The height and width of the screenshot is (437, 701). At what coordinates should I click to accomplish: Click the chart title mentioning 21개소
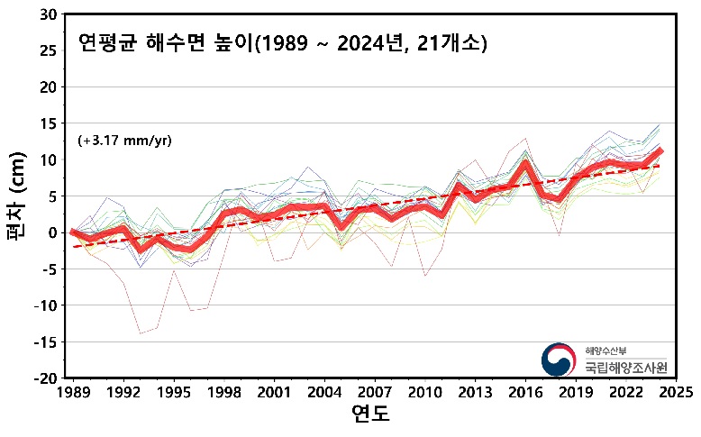click(282, 43)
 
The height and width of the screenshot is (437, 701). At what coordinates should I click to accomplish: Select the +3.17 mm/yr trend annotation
click(124, 141)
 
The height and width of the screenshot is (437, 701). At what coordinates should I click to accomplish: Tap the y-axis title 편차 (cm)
click(19, 196)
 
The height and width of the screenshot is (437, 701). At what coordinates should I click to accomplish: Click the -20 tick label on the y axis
click(45, 378)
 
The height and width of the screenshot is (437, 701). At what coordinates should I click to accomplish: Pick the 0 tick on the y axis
click(53, 232)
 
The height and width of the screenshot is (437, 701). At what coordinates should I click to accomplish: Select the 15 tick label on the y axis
click(49, 123)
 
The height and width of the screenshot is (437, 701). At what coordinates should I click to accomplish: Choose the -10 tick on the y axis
click(45, 305)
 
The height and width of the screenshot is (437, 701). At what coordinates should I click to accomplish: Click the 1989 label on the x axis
click(72, 393)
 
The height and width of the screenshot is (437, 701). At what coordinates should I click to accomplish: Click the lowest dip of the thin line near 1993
click(140, 333)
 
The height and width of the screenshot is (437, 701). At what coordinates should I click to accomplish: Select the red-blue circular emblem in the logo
click(558, 360)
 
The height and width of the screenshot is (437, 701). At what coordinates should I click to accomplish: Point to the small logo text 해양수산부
click(603, 350)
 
